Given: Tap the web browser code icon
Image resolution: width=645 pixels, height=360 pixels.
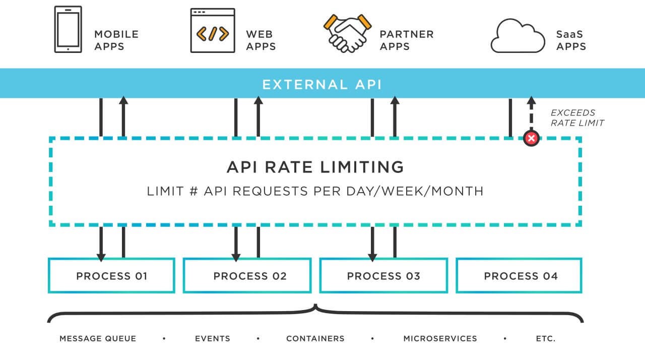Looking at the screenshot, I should (212, 31).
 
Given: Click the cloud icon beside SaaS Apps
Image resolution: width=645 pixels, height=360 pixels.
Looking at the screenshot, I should (518, 36).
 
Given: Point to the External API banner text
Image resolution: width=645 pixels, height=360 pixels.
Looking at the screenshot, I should (322, 84).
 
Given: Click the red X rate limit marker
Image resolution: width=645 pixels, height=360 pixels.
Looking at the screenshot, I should (531, 138).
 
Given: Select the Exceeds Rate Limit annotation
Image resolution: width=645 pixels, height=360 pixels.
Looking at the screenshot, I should (576, 117).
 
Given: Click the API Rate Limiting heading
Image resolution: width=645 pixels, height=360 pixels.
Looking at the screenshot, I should (315, 167).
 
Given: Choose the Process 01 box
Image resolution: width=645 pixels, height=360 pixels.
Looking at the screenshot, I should (111, 276).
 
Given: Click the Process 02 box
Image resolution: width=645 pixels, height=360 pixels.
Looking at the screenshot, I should (247, 276).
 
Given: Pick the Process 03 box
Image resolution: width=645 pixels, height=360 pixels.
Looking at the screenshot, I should (383, 276).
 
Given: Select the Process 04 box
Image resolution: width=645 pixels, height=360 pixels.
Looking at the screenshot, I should (519, 276).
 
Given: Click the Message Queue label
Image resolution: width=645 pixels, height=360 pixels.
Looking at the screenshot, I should (98, 338).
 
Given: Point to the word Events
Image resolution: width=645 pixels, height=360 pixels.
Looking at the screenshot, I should (212, 338).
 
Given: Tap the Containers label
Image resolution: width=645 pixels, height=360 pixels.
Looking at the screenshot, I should (315, 338).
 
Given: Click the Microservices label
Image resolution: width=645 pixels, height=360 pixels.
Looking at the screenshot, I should (440, 338).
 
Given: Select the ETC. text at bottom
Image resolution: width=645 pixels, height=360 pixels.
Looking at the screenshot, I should (545, 338).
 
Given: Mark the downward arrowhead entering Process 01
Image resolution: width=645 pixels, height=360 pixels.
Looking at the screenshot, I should (101, 256).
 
